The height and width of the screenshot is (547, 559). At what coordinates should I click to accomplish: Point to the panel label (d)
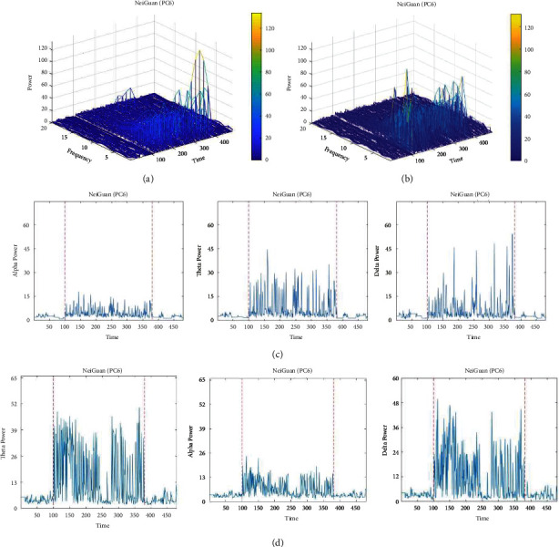280,539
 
